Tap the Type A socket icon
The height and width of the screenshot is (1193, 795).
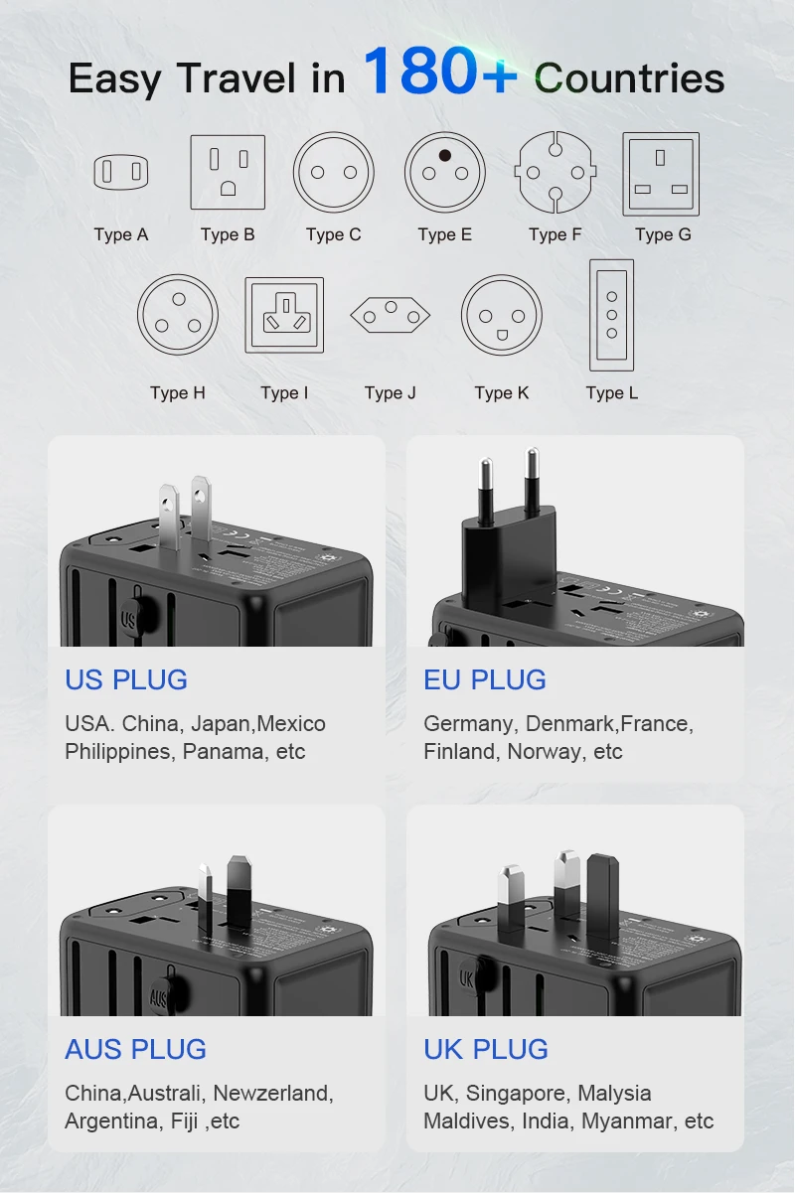(x=121, y=173)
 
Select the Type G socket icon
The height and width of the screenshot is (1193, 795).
(x=661, y=174)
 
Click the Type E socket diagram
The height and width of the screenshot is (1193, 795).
(x=445, y=173)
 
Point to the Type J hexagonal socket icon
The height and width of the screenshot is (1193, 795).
(x=391, y=316)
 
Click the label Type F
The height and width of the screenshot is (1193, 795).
(x=555, y=234)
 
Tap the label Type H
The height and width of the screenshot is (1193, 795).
(x=178, y=392)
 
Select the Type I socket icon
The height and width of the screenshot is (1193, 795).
(x=284, y=314)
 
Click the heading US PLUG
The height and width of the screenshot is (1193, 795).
(x=126, y=679)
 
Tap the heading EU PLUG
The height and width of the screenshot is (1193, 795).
(x=485, y=679)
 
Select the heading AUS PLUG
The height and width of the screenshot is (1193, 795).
(x=135, y=1049)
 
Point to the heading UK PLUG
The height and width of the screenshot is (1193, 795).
(x=486, y=1049)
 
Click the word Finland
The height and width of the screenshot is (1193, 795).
(x=460, y=752)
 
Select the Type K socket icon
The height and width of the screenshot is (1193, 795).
(x=502, y=316)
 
